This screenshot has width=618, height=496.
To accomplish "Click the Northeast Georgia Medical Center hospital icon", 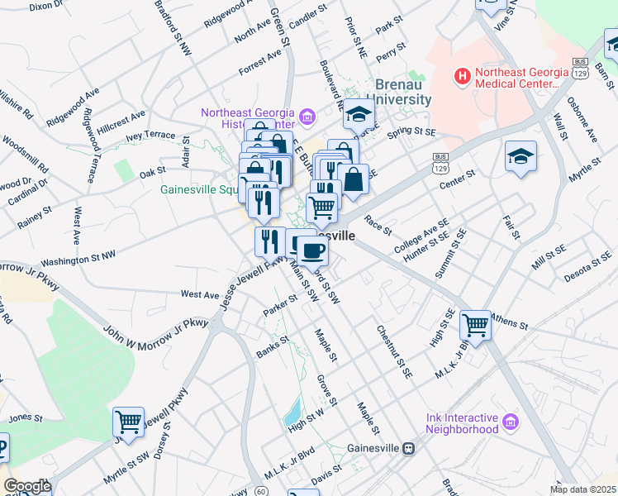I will pyautogui.click(x=463, y=77).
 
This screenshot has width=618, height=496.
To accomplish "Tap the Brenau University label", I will pyautogui.click(x=403, y=92).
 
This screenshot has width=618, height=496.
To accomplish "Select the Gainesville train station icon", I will pyautogui.click(x=407, y=448).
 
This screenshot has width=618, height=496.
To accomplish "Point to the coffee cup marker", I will pyautogui.click(x=311, y=251).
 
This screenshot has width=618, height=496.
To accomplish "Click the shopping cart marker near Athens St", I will pyautogui.click(x=475, y=324).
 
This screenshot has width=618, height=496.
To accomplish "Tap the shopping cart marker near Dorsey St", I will pyautogui.click(x=128, y=422).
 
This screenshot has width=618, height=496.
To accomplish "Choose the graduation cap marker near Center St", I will pyautogui.click(x=521, y=158).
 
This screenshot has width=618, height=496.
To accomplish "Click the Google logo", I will pyautogui.click(x=27, y=486).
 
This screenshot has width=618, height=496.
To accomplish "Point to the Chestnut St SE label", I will pyautogui.click(x=395, y=351).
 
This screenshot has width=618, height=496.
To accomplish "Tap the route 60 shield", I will pyautogui.click(x=260, y=491).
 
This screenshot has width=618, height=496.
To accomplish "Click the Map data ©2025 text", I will pyautogui.click(x=583, y=489).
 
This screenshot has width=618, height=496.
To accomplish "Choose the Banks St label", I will pyautogui.click(x=273, y=346).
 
